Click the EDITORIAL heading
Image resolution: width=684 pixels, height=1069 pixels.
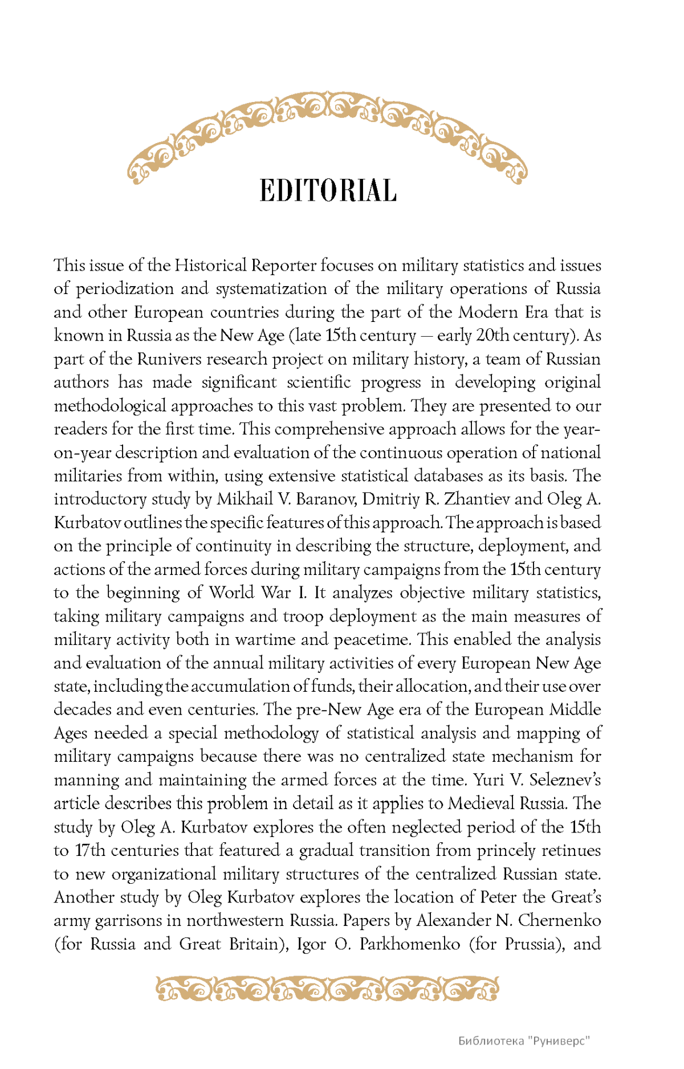point(328,191)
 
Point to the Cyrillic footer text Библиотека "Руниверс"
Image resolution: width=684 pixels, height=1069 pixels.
point(524,1041)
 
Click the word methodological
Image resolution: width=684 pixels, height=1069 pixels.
point(110,406)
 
